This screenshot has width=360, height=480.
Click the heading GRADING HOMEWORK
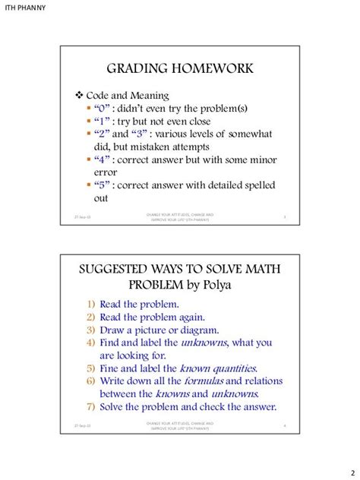(x=179, y=69)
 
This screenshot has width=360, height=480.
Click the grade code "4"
(x=103, y=159)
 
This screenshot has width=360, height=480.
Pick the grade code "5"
(x=103, y=185)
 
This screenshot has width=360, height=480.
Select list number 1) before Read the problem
(x=90, y=304)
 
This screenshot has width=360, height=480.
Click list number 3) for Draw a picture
(x=90, y=330)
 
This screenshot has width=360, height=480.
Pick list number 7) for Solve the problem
(x=90, y=407)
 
